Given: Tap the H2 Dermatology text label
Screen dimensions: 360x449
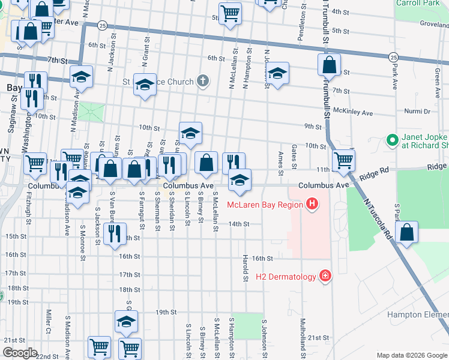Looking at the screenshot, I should [286, 277].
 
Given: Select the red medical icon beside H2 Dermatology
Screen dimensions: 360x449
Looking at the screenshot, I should [325, 276].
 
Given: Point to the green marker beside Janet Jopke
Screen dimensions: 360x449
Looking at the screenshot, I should [392, 140].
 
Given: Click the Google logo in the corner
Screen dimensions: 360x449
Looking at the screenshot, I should [19, 353].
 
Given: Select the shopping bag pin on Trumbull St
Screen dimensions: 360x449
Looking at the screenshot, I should [329, 65].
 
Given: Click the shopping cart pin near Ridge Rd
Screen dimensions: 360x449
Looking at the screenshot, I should [343, 160].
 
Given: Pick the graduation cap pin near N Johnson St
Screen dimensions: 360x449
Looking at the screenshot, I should [276, 74].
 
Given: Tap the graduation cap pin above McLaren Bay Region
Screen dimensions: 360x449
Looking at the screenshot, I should [240, 180].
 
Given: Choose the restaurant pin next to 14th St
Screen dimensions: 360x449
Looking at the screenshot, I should [115, 233].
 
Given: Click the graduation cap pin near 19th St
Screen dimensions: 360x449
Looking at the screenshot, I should [126, 322].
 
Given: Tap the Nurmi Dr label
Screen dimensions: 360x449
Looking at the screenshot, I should [418, 111].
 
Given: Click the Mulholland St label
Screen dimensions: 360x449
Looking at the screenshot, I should [303, 337].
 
